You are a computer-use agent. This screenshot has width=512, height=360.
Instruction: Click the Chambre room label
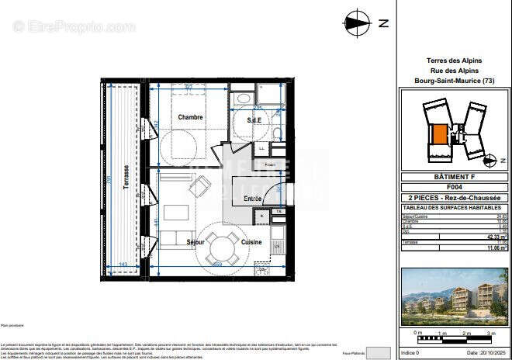click(190, 117)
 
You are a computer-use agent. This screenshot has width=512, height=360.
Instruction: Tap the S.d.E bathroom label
click(253, 120)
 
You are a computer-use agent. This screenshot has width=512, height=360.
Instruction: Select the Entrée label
click(252, 199)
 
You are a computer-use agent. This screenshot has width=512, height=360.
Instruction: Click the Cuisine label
click(251, 242)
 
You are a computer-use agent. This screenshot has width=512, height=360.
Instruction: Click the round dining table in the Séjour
click(222, 249)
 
